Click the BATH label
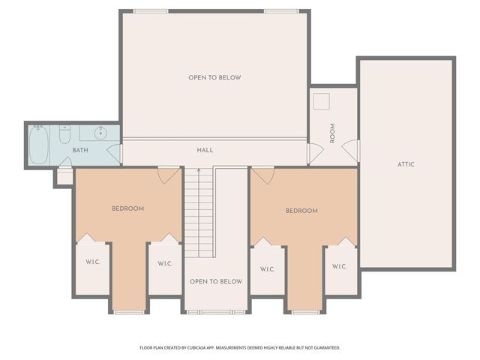point(80,151)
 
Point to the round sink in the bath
point(103,133)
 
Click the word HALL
point(205,150)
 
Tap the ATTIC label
point(406,164)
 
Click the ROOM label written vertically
point(332,133)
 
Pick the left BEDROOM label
point(127,208)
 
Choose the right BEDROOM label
point(301,211)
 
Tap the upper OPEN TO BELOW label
point(214,77)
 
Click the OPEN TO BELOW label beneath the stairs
point(216,282)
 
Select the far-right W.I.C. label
point(339,265)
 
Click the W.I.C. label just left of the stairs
point(165,263)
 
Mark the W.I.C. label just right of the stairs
point(268,268)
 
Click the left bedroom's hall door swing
point(169,174)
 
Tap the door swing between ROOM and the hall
point(316,152)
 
